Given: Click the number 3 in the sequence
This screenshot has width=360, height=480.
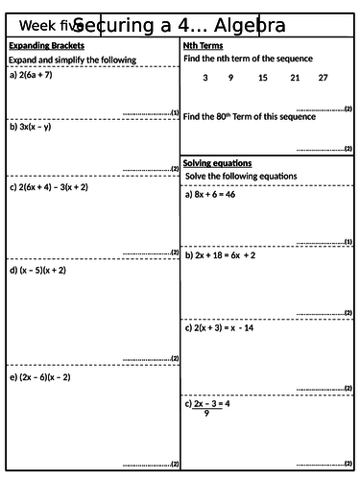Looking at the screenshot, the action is pos(204,78).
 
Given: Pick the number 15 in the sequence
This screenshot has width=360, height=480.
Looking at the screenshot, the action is pos(263,78).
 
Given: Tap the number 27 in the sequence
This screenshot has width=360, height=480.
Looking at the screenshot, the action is pos(323,78).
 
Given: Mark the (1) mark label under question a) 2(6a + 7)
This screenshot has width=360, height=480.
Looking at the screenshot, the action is pos(174,112).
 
